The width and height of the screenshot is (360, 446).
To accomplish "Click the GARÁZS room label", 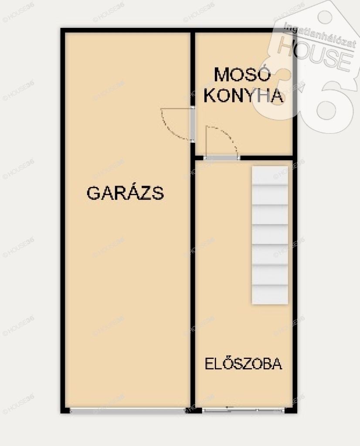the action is (x=125, y=193).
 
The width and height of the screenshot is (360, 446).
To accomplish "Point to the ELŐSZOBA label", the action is (x=244, y=363).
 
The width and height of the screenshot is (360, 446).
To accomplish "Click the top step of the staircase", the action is (x=270, y=175).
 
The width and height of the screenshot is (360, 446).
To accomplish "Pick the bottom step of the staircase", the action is (x=270, y=295).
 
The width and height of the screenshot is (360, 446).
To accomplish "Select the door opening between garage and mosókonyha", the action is (x=193, y=124).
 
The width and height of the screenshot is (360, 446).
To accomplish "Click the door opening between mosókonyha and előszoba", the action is (x=222, y=158).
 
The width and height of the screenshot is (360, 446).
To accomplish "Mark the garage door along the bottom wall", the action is (x=128, y=410).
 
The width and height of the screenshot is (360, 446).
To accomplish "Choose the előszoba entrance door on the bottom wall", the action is (x=244, y=410).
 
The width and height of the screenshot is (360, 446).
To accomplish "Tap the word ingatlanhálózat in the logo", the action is (x=320, y=35).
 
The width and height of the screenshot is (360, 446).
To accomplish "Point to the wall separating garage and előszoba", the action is (x=193, y=284).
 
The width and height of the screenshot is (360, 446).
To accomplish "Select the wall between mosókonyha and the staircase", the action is (x=266, y=158).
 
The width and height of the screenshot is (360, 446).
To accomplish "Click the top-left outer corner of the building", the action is (x=61, y=28).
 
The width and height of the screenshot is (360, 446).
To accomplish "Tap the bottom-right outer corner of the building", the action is (x=297, y=413).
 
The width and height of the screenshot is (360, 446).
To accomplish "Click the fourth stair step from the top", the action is (x=270, y=235).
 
